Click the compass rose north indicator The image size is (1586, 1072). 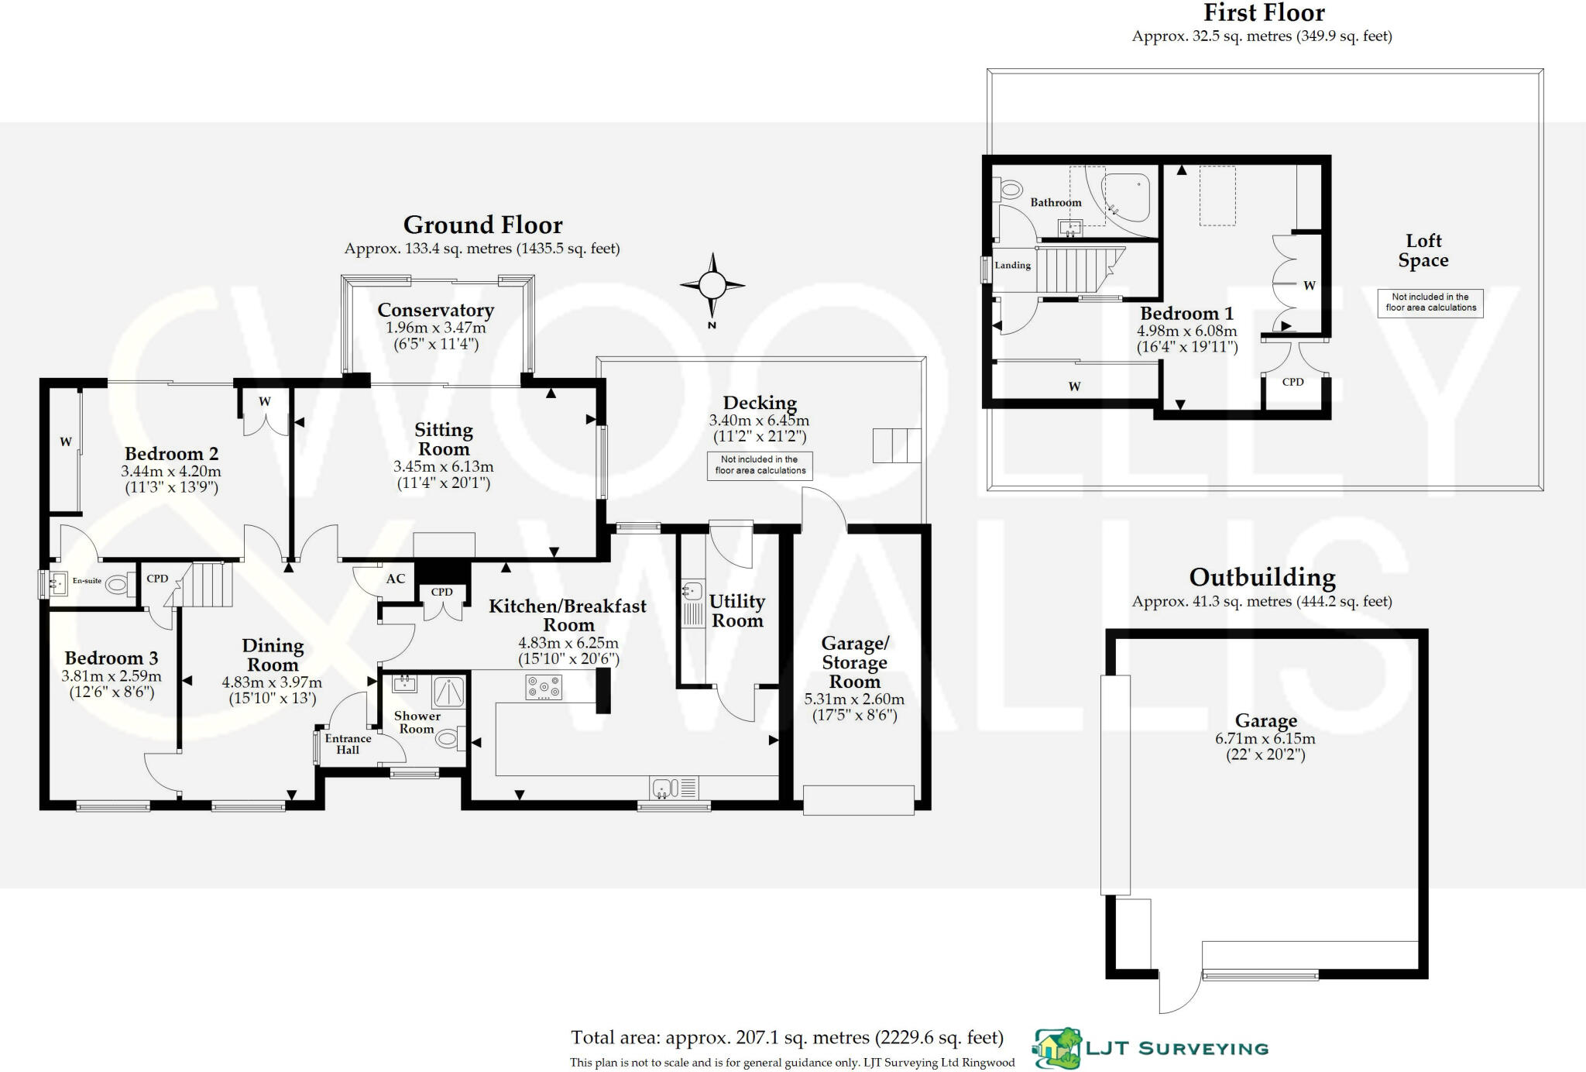click(712, 286)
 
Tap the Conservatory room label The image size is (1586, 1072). click(435, 311)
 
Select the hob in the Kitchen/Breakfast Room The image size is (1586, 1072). click(544, 687)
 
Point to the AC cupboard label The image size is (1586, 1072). click(395, 579)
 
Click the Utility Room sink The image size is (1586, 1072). click(692, 592)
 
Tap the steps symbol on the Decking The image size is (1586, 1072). click(897, 445)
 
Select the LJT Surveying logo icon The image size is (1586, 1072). click(1058, 1048)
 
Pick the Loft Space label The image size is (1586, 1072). click(1423, 251)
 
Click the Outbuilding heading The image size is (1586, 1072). click(1262, 578)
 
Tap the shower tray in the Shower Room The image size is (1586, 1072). click(449, 692)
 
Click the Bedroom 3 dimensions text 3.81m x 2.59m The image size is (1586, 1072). click(112, 676)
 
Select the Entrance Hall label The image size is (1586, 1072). click(348, 744)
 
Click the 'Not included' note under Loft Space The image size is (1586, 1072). click(1430, 302)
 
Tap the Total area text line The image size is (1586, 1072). click(787, 1038)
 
